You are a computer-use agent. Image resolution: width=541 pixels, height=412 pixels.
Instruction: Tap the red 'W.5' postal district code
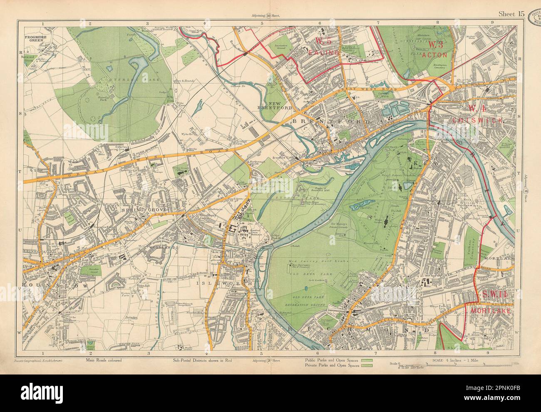click(323, 41)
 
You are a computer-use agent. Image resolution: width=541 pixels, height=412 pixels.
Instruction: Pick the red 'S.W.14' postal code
click(494, 295)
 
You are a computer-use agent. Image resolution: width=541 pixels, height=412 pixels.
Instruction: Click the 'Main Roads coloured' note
click(104, 360)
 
